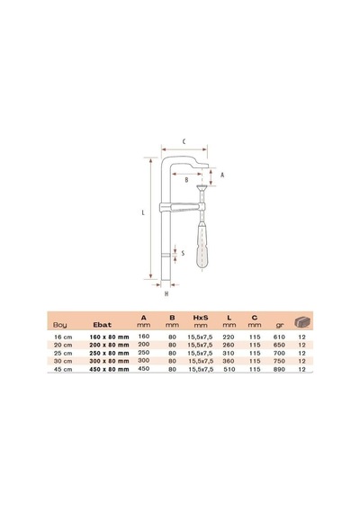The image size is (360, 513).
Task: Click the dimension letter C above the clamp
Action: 184,141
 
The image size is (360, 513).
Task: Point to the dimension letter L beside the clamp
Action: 143,212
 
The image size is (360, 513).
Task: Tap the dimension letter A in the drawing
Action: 222,175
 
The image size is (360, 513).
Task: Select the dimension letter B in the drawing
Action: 186,180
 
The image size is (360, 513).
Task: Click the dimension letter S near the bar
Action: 183,253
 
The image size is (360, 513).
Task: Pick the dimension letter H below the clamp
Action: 166,293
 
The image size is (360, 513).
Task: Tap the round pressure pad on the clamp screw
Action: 202,187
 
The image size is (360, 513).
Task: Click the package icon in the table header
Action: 302,322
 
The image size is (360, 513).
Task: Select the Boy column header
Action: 60,325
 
